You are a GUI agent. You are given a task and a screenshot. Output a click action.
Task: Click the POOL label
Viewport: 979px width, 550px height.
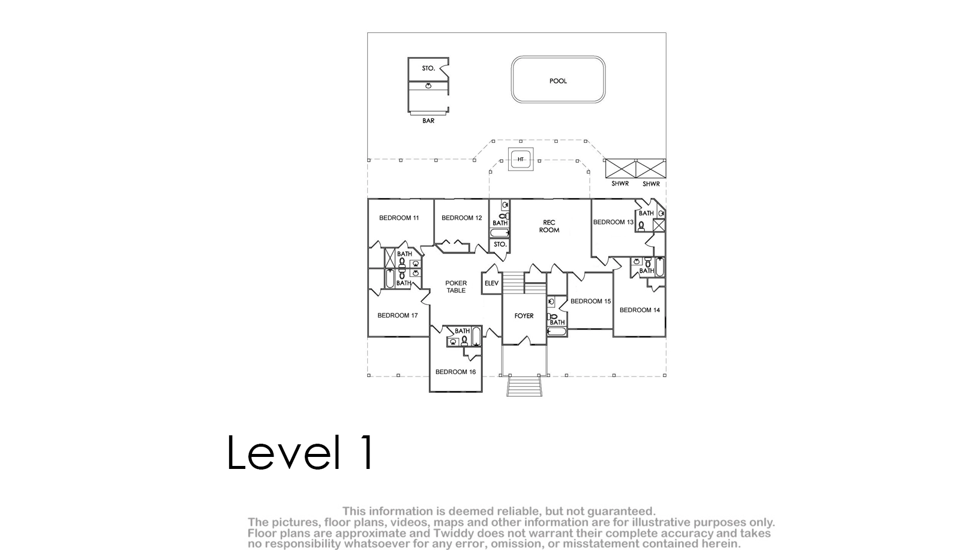[558, 81]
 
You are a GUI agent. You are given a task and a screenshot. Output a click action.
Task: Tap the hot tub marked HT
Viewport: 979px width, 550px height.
[521, 159]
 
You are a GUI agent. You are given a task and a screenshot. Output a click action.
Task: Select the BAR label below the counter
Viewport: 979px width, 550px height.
[428, 121]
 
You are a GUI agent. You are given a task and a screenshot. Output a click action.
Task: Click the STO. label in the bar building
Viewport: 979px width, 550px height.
[428, 68]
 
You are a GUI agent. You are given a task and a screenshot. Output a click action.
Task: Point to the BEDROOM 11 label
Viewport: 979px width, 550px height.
[398, 218]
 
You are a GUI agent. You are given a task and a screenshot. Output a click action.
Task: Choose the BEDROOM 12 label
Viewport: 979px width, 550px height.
[461, 218]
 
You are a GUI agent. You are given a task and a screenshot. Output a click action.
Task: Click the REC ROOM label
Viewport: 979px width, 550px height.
[549, 226]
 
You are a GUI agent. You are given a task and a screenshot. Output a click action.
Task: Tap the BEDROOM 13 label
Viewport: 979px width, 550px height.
[613, 222]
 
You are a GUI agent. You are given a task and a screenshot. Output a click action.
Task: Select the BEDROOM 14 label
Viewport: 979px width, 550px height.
[639, 310]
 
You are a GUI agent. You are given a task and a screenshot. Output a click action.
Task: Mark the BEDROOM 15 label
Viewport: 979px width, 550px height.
[590, 301]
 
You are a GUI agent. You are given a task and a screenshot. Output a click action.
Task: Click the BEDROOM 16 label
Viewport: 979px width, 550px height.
[455, 372]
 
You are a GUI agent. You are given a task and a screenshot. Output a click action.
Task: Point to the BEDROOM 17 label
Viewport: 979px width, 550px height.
[398, 315]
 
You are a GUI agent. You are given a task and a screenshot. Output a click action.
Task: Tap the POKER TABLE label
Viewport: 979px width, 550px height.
[456, 286]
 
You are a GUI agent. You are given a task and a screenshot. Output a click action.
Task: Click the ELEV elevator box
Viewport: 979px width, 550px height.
[491, 283]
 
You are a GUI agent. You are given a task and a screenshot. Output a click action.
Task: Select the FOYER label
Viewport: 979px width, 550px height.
[524, 316]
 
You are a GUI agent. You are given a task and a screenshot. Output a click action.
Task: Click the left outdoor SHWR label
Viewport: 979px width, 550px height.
[620, 184]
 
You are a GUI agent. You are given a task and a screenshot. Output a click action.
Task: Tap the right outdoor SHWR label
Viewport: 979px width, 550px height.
[651, 184]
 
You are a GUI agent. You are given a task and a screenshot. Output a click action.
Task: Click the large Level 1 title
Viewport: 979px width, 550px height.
[300, 452]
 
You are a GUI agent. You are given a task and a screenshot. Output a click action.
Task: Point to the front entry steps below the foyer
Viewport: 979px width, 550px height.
[524, 386]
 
